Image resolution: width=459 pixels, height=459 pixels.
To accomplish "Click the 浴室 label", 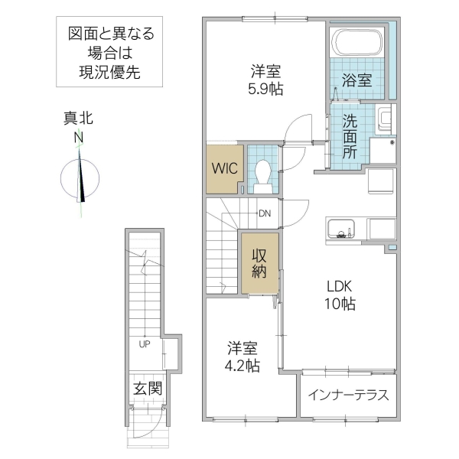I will (357, 78).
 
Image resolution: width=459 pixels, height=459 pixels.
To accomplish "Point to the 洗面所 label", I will (349, 135).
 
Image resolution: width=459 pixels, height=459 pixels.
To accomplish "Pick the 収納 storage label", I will (259, 263).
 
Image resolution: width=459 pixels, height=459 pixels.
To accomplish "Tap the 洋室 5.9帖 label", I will (265, 80).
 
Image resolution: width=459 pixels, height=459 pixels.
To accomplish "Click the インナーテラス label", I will (349, 396).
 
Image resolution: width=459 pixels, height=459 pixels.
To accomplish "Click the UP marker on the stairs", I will (144, 343).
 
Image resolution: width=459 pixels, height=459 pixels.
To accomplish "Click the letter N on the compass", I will (78, 138).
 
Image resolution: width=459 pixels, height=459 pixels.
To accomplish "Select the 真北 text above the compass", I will (78, 119).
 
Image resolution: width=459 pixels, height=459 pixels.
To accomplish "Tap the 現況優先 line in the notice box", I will (110, 73).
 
